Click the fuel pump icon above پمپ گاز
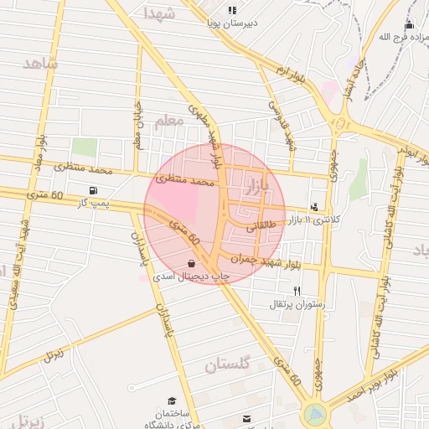(92, 190)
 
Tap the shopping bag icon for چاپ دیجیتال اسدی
(193, 263)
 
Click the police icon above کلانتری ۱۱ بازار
(314, 206)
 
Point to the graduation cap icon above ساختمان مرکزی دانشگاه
(173, 401)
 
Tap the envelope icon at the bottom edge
(246, 418)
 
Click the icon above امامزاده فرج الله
(409, 25)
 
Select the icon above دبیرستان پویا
(232, 10)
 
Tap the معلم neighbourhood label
(168, 121)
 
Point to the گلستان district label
(228, 364)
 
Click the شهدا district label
(159, 13)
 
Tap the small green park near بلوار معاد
(84, 147)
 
